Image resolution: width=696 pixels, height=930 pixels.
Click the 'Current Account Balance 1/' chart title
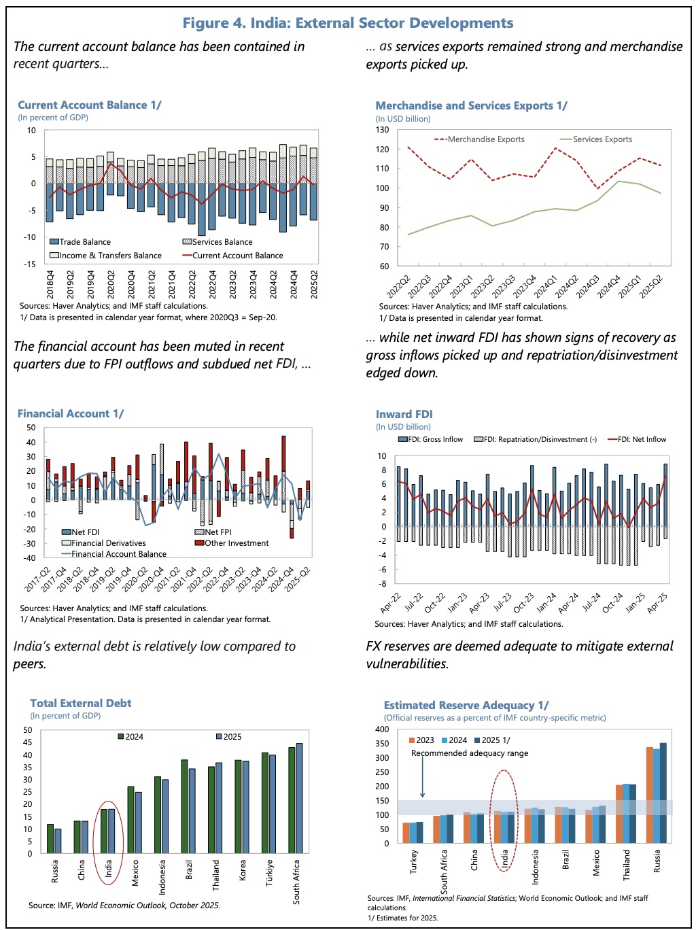pos(89,105)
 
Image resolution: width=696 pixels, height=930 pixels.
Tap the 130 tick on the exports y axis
pos(383,130)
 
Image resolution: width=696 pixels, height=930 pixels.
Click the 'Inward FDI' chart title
pos(404,414)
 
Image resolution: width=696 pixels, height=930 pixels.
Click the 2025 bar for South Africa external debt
pos(299,798)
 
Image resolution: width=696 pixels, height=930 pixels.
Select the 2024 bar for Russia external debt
pos(50,838)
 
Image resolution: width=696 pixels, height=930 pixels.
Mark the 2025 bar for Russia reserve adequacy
pos(663,793)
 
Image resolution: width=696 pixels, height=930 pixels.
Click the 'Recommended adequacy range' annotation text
pos(469,753)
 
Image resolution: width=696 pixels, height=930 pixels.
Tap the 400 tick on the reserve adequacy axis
pos(383,729)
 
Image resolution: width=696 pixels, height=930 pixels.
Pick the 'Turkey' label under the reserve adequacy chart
pos(414,861)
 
